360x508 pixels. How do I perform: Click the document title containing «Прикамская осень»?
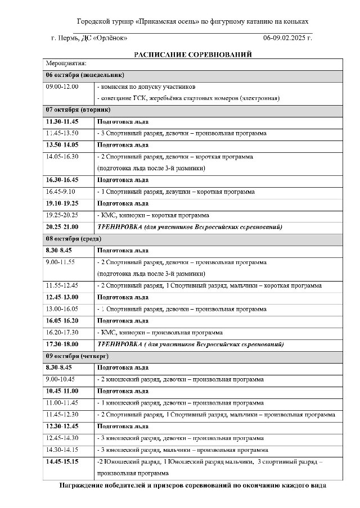click(192, 22)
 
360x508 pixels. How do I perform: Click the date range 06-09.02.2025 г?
click(287, 38)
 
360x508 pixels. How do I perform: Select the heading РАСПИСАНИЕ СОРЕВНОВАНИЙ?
click(192, 55)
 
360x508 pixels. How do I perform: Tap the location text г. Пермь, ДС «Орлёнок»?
click(89, 38)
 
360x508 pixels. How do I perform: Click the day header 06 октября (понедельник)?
click(85, 75)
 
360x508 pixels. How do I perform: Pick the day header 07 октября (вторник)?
click(78, 110)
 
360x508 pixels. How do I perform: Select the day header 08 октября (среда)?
click(74, 239)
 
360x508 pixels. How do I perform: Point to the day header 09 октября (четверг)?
click(77, 356)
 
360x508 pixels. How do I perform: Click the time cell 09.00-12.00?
click(62, 87)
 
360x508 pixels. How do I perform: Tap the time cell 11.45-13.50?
click(62, 133)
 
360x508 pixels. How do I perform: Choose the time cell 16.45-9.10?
click(62, 192)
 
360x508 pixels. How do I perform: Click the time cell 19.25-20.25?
click(62, 215)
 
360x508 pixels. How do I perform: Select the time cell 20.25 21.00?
click(62, 227)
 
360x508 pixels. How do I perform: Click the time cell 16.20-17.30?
click(62, 332)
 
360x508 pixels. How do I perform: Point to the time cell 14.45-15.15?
click(62, 461)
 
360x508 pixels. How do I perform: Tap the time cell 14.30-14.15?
click(62, 450)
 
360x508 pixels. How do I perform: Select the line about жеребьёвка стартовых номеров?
click(189, 98)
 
